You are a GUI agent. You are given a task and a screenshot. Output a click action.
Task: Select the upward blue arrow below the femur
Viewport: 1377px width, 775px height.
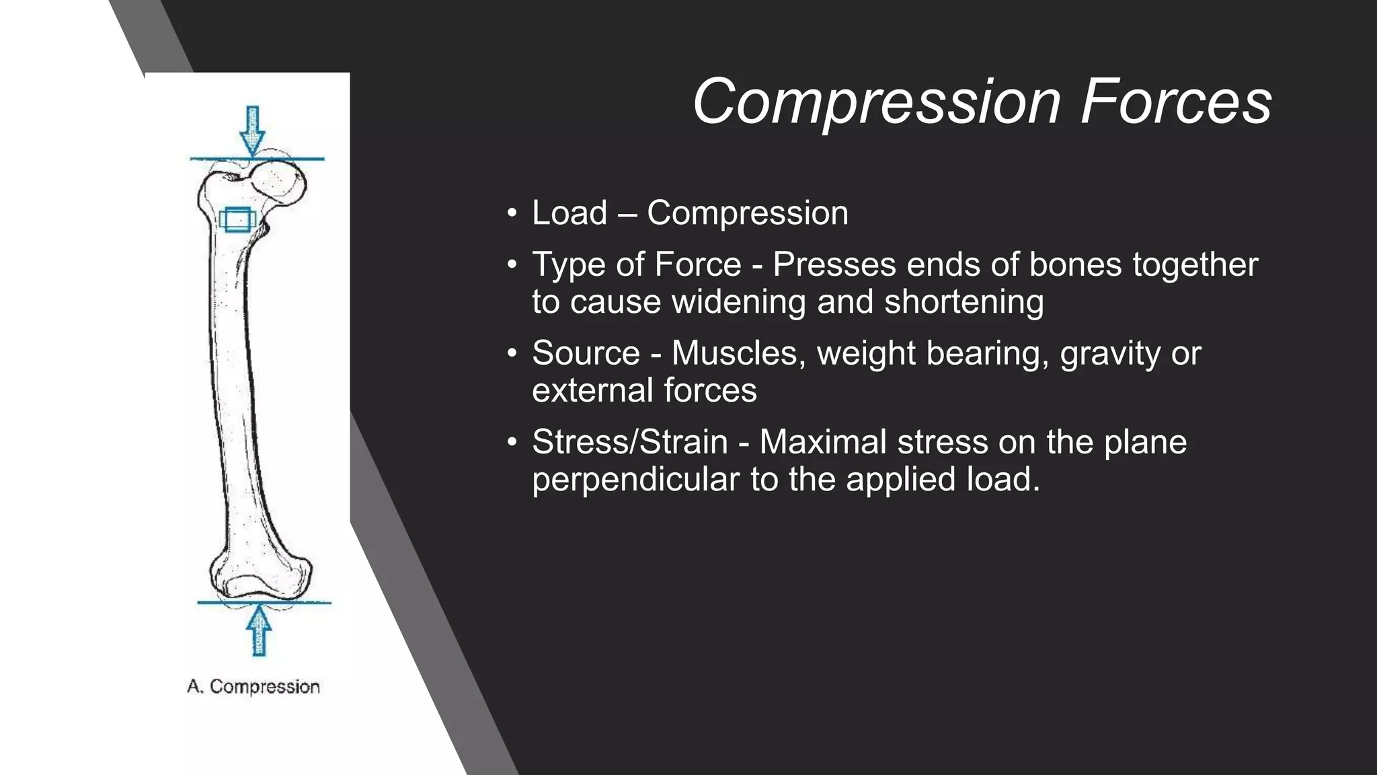tap(258, 630)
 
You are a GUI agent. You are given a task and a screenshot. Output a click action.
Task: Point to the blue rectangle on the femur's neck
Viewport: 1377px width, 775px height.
tap(237, 219)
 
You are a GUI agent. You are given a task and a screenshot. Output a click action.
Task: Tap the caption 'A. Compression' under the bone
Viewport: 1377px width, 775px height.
tap(253, 687)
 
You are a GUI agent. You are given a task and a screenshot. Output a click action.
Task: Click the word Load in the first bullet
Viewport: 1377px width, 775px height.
tap(569, 213)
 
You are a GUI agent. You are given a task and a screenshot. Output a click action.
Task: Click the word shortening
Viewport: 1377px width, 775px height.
tap(963, 301)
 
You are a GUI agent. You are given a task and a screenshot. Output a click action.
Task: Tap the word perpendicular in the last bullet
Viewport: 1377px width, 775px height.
tap(635, 480)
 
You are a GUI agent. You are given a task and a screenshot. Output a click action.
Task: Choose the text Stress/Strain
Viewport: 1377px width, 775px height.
tap(630, 442)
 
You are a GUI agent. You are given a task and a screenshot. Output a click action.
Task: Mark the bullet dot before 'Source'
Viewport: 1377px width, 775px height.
tap(512, 353)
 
